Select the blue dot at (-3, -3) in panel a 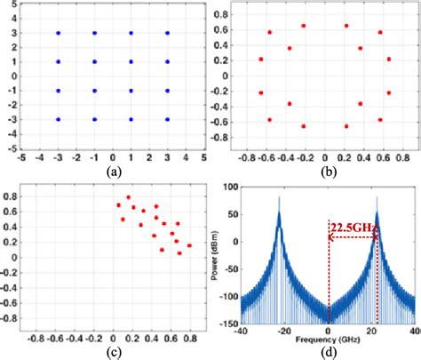tap(59, 118)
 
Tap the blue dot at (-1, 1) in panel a tap(95, 61)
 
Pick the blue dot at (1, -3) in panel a tap(131, 118)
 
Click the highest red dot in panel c tap(128, 197)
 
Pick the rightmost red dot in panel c tap(189, 244)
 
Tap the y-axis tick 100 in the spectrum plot tap(231, 187)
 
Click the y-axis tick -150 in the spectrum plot tap(229, 324)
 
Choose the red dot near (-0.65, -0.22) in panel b tap(261, 92)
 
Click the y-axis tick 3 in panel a tap(12, 33)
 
